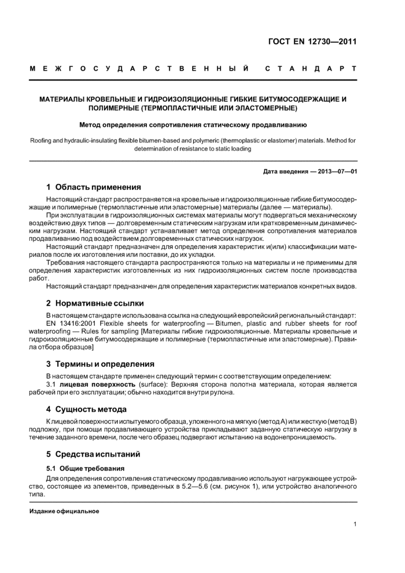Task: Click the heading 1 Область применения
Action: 94,187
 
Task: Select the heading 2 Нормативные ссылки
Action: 95,303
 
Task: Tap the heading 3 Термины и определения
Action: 100,364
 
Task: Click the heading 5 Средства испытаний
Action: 93,454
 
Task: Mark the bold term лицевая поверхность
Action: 95,384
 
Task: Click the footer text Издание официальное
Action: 64,511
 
